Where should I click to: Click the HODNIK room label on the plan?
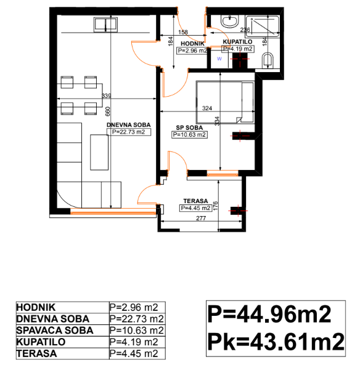click(192, 44)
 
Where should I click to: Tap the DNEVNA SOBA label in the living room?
click(128, 125)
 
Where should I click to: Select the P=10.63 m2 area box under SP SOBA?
click(189, 135)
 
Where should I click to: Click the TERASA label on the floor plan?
click(195, 201)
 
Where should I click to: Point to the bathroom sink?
click(229, 21)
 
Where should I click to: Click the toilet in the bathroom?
click(268, 60)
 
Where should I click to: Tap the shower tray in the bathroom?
click(262, 26)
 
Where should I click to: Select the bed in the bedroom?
click(225, 102)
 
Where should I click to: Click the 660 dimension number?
click(108, 111)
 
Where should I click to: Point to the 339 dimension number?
click(106, 96)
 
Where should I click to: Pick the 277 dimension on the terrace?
click(201, 219)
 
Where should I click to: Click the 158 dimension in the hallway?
click(183, 32)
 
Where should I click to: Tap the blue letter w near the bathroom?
click(219, 58)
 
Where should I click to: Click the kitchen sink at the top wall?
click(105, 25)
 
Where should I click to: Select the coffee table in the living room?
click(99, 152)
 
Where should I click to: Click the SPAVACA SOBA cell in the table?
click(55, 331)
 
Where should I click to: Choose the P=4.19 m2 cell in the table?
click(134, 342)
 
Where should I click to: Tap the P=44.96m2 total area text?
click(269, 314)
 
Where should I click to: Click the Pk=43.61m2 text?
click(276, 341)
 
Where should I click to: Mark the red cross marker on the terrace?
click(238, 211)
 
